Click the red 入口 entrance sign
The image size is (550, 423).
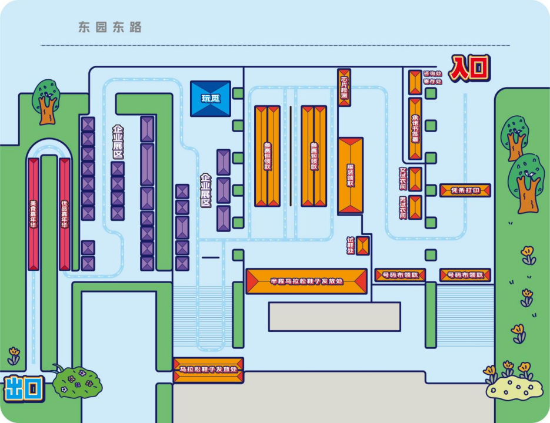pyautogui.click(x=469, y=68)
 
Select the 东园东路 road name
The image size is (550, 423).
pyautogui.click(x=110, y=27)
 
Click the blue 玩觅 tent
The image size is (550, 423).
pyautogui.click(x=211, y=98)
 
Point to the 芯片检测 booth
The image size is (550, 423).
pyautogui.click(x=345, y=88)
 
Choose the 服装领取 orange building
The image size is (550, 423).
pyautogui.click(x=351, y=175)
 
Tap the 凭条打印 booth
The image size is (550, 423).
pyautogui.click(x=465, y=190)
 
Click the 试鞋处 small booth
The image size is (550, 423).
pyautogui.click(x=362, y=246)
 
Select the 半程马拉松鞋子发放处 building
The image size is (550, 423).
pyautogui.click(x=306, y=281)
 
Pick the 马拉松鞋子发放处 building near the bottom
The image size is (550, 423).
pyautogui.click(x=208, y=370)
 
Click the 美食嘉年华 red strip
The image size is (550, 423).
pyautogui.click(x=34, y=214)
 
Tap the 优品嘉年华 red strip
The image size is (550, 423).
pyautogui.click(x=65, y=214)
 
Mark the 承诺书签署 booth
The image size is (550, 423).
pyautogui.click(x=415, y=128)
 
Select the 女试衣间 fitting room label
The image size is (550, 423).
pyautogui.click(x=403, y=179)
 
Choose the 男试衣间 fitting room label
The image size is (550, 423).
pyautogui.click(x=403, y=207)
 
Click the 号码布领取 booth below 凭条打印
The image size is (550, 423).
pyautogui.click(x=465, y=274)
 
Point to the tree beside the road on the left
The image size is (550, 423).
pyautogui.click(x=45, y=101)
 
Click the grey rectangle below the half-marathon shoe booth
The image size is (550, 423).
pyautogui.click(x=335, y=317)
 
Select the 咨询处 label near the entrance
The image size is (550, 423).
pyautogui.click(x=433, y=74)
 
